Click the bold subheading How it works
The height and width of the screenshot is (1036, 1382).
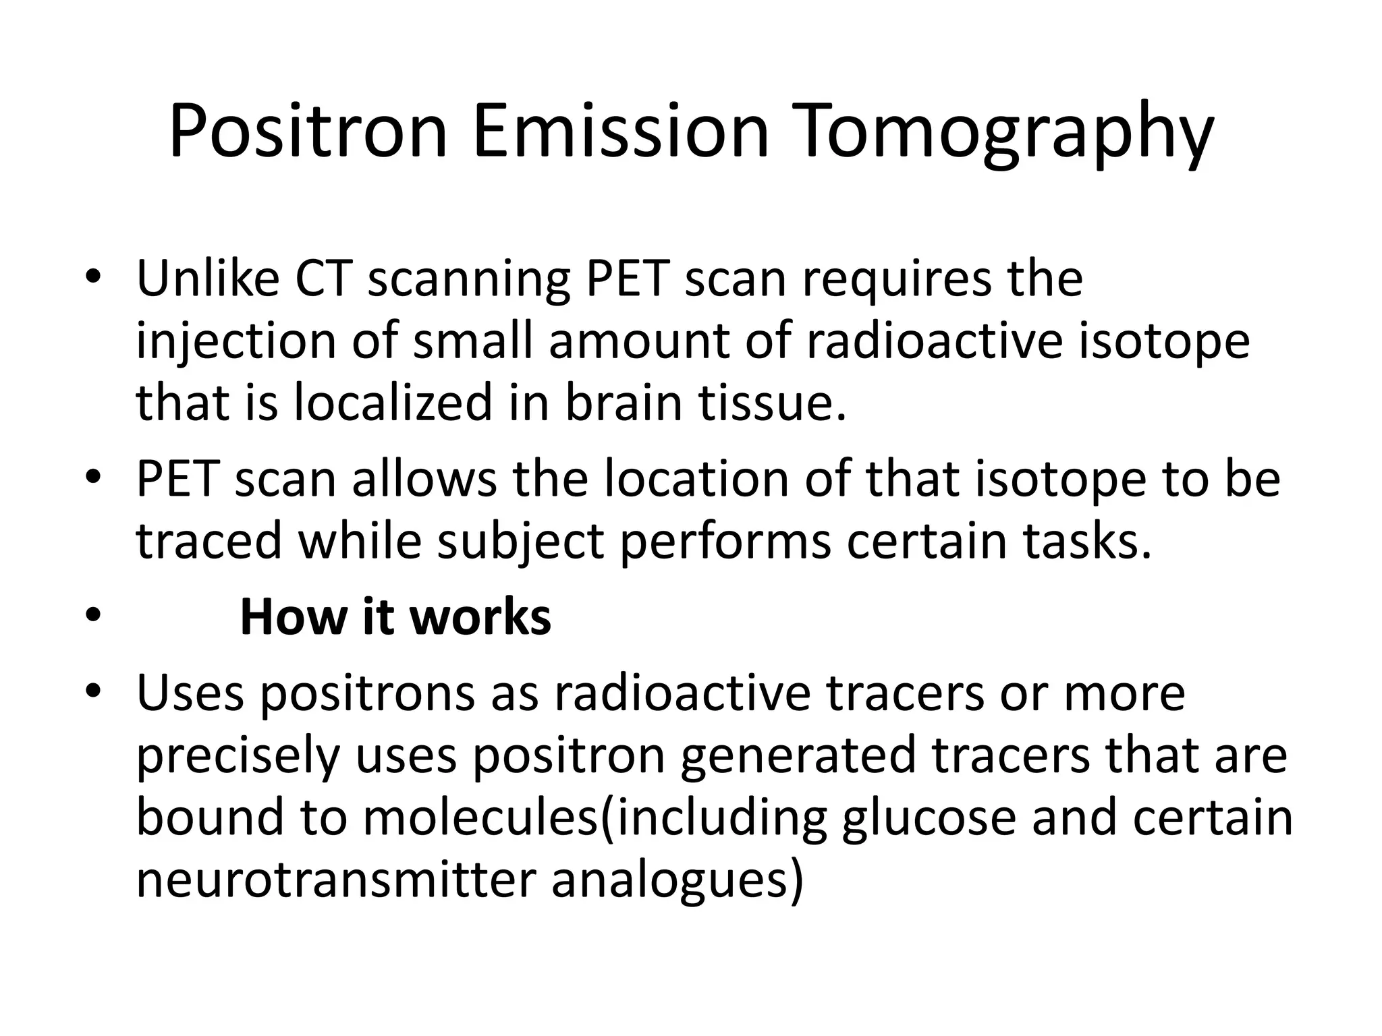(x=395, y=616)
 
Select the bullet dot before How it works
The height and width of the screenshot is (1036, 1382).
(x=93, y=615)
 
